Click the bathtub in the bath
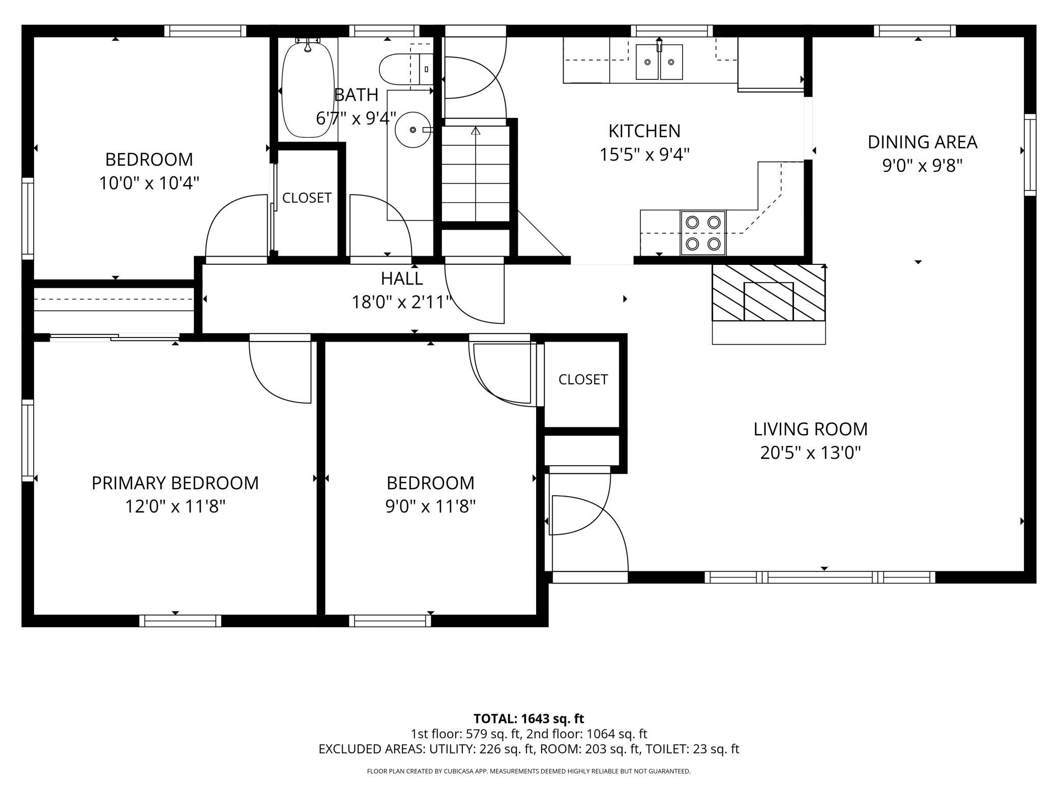tap(308, 90)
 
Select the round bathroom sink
tap(413, 130)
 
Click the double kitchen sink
tap(659, 62)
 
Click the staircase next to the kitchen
tap(476, 173)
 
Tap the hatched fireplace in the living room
tap(769, 293)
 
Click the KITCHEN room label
tap(644, 131)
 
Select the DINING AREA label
tap(922, 142)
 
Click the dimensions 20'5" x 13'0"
tap(810, 452)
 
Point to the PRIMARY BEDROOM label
tap(175, 483)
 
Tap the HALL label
tap(402, 279)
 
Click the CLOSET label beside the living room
tap(583, 379)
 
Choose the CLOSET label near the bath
tap(307, 198)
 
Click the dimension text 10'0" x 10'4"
tap(149, 183)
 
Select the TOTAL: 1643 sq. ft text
tap(528, 719)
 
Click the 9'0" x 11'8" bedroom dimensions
tap(430, 506)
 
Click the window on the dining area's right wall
tap(1030, 155)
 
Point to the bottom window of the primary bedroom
tap(180, 621)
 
